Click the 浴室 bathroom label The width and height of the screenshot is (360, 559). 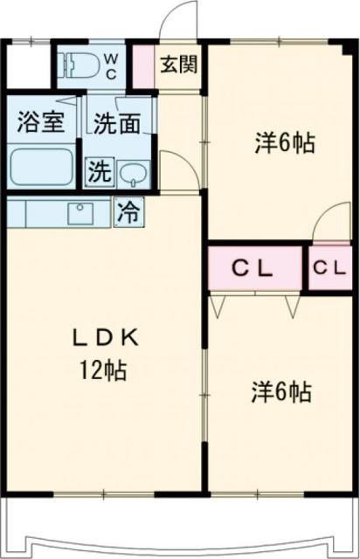[40, 122]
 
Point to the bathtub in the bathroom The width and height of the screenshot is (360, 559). [41, 166]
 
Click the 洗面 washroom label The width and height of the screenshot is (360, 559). [117, 123]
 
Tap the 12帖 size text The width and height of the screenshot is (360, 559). [103, 371]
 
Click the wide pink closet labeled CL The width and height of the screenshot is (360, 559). [255, 268]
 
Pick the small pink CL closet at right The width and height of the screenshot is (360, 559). [329, 268]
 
